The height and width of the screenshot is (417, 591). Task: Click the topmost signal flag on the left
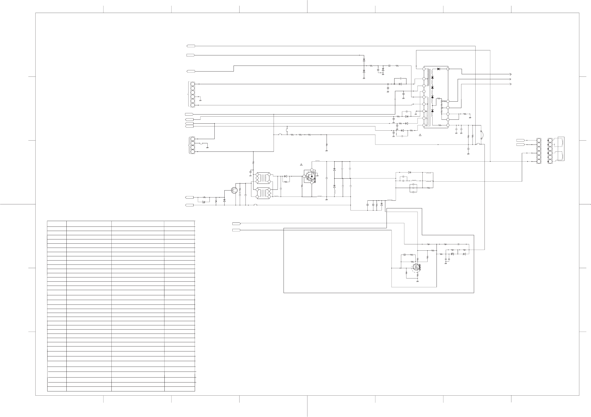pos(191,46)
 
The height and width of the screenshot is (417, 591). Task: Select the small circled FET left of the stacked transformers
pos(234,190)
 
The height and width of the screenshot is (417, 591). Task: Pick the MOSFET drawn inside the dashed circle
pos(416,267)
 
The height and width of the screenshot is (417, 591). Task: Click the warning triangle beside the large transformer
pos(420,135)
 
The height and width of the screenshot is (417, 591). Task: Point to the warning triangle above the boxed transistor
pos(301,164)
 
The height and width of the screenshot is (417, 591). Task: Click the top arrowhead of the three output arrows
pos(510,74)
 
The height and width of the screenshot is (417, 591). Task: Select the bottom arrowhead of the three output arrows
pos(510,84)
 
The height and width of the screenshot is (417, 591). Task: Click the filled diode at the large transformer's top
pos(439,69)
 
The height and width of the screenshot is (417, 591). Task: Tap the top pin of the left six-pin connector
pos(193,84)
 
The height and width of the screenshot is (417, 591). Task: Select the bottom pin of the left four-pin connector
pos(193,152)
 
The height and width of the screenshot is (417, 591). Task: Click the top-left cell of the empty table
pos(57,224)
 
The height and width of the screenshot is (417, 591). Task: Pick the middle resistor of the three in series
pos(300,135)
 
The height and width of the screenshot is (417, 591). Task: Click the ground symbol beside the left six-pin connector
pos(200,100)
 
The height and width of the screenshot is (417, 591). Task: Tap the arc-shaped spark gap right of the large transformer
pos(482,135)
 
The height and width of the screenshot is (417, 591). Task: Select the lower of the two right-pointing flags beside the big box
pos(236,230)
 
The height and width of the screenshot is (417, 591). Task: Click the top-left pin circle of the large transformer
pos(424,69)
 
